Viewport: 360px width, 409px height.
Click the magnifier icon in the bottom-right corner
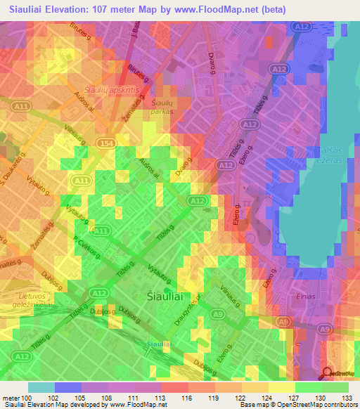coord(326,373)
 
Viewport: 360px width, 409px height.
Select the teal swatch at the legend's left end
coord(41,387)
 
